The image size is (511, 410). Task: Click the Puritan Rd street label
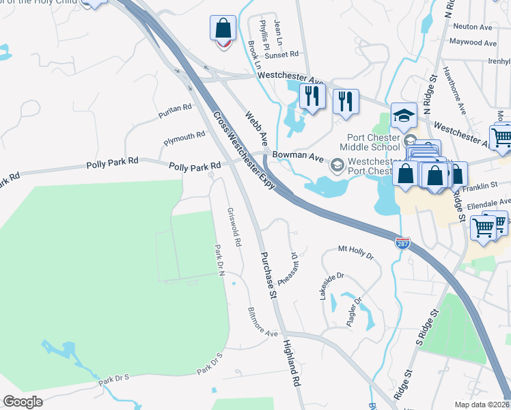174,109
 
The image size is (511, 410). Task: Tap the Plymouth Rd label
184,139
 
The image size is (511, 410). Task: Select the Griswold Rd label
234,228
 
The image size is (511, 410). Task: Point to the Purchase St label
266,275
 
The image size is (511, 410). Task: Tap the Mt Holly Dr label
357,252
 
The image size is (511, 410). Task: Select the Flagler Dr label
353,312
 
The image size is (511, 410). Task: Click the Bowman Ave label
298,156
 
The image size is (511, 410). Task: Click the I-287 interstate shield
403,243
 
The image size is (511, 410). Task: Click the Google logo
23,401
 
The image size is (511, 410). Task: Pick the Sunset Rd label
284,53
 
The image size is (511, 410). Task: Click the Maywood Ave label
473,42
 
